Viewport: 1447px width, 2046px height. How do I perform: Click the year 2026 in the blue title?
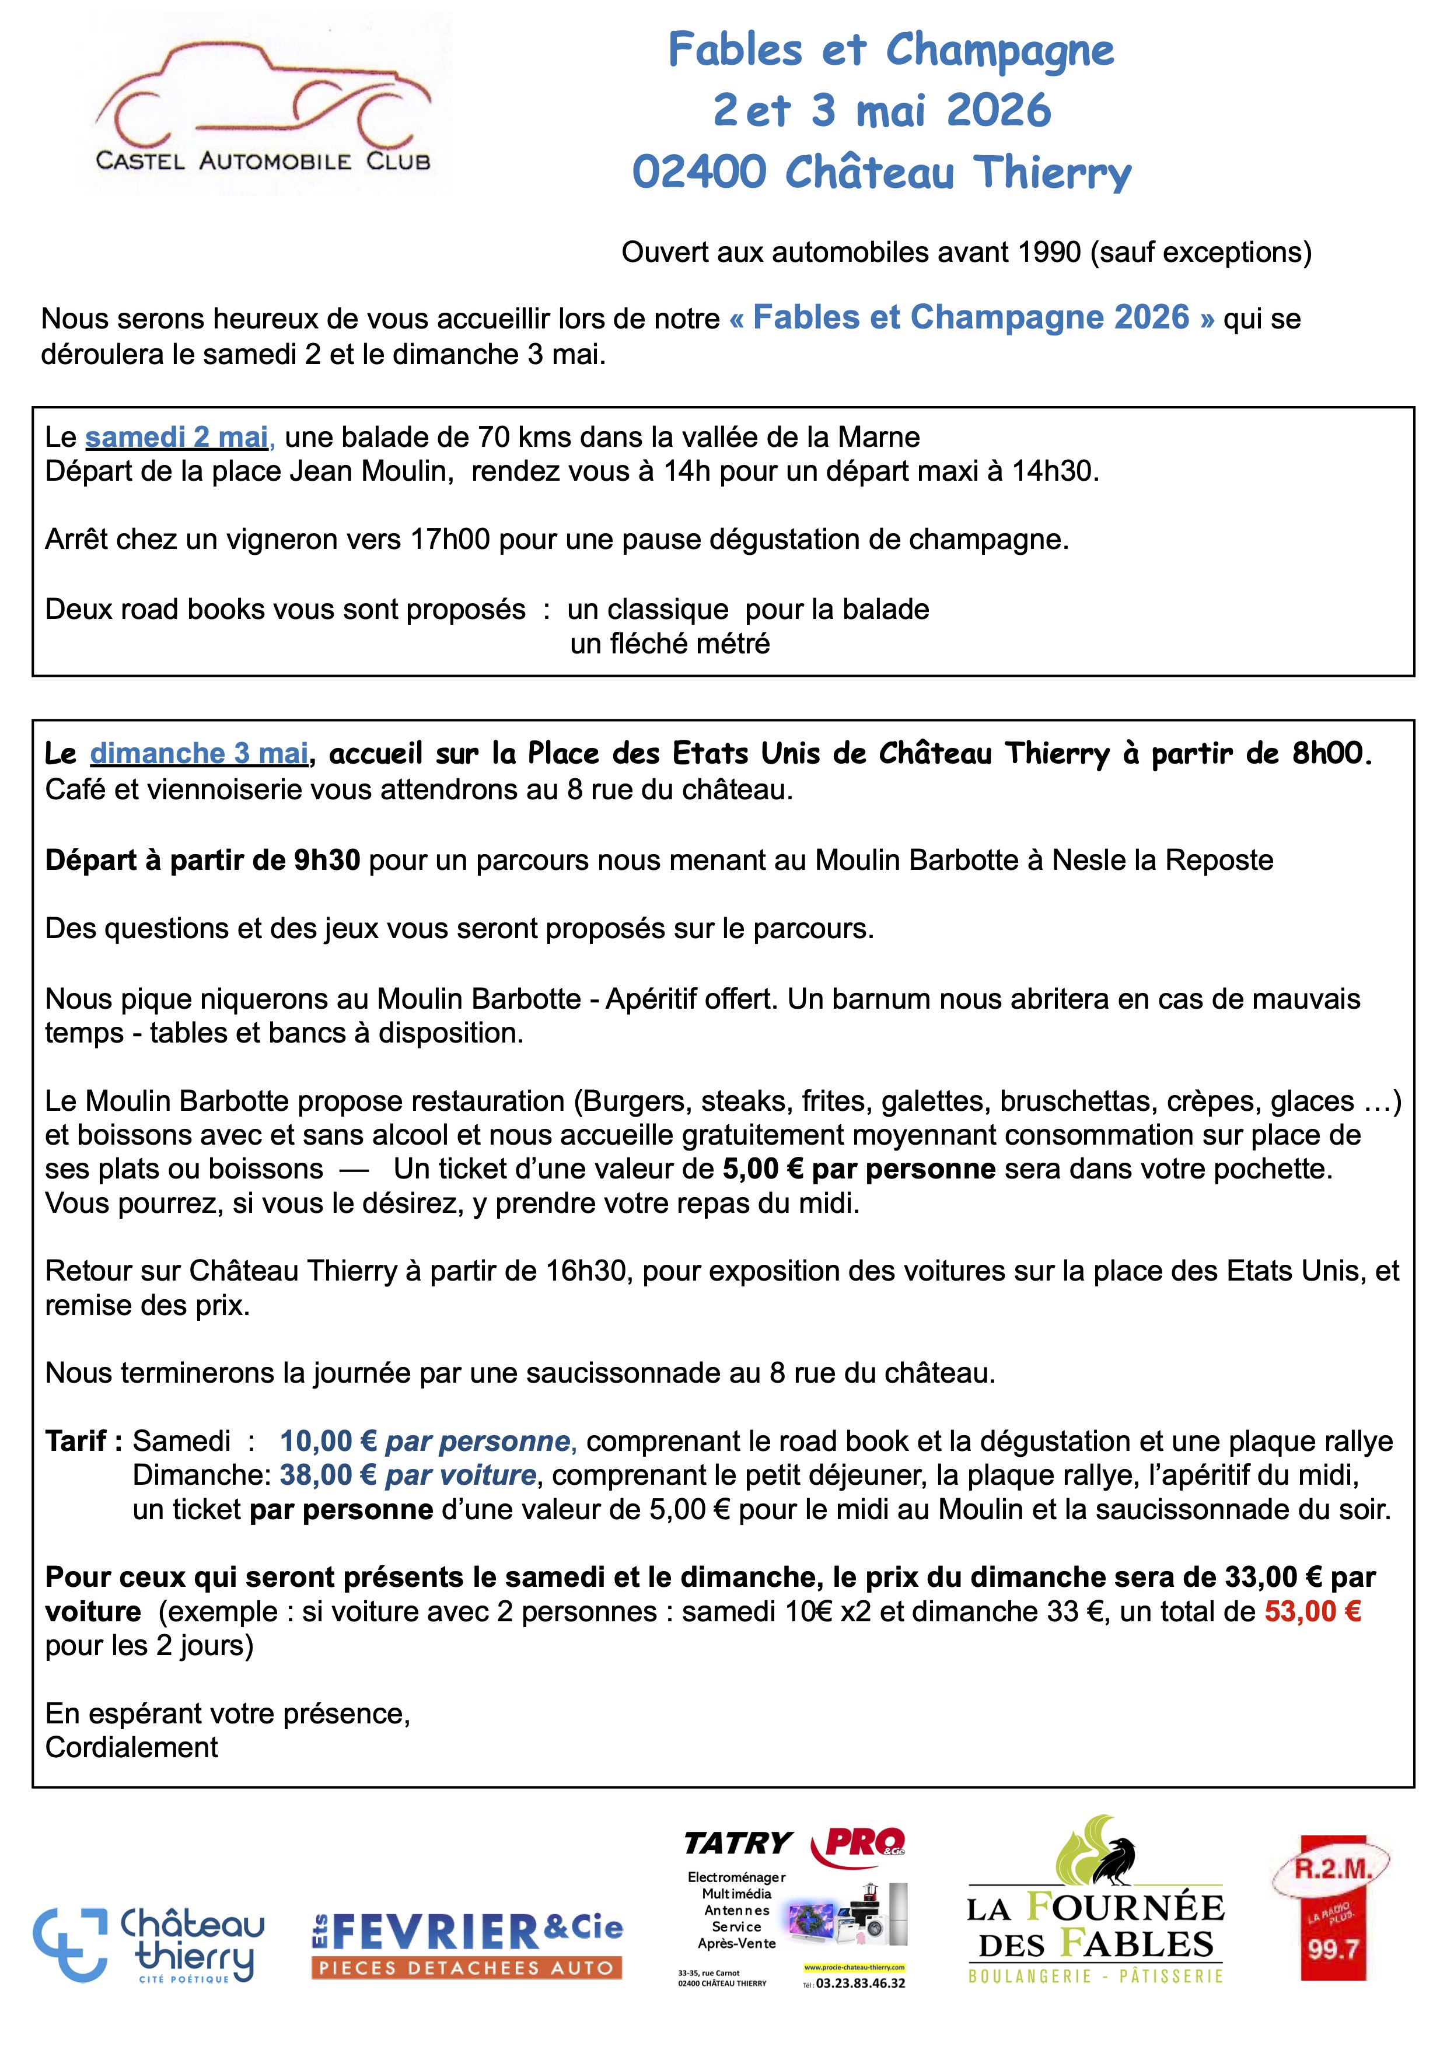tap(998, 110)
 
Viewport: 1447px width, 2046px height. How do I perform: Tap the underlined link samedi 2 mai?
tap(176, 438)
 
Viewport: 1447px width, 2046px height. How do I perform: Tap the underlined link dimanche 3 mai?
tap(199, 754)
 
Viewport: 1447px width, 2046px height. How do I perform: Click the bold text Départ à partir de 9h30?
tap(203, 860)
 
